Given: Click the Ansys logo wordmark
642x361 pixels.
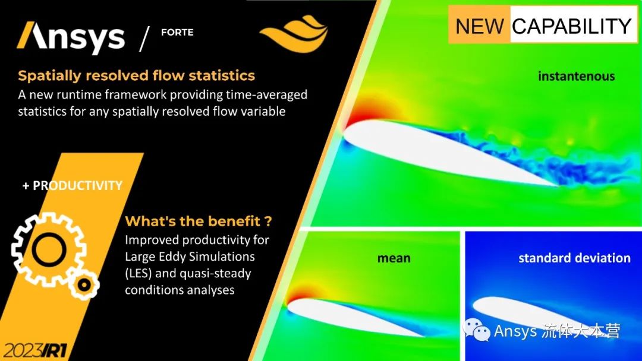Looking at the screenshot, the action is [71, 38].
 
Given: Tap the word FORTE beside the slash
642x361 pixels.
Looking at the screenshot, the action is [177, 32].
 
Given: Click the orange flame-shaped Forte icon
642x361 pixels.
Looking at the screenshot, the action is [294, 33].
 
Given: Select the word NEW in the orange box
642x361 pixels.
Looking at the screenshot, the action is [480, 26].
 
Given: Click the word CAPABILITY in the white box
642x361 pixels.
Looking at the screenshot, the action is [572, 26].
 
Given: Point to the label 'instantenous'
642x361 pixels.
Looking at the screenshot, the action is [577, 76].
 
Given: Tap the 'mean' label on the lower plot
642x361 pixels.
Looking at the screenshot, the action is [394, 258].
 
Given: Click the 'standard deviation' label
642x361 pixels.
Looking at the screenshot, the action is [574, 258].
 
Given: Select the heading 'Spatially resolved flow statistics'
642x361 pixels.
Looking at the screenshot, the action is [136, 75].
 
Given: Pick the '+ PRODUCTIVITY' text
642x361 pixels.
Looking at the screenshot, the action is [72, 186].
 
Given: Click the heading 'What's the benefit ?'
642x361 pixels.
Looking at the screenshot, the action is [198, 221].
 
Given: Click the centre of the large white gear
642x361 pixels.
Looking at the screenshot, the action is [49, 249].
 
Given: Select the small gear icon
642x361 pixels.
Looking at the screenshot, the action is [84, 284].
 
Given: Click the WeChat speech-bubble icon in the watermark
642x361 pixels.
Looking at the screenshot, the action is [476, 330].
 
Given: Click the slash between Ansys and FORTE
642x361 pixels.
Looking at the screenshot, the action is [144, 39].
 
